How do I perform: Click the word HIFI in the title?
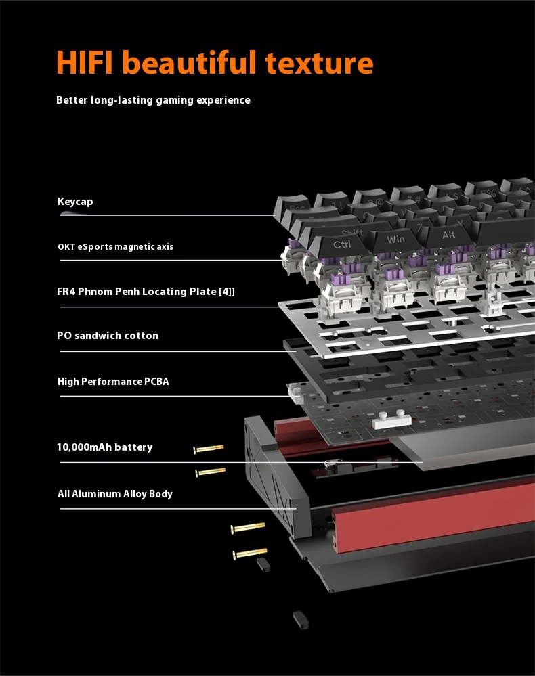(x=85, y=62)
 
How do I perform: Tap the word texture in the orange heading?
(x=319, y=64)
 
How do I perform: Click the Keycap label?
(x=75, y=202)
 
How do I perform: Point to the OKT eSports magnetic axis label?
(x=116, y=246)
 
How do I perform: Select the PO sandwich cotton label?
(x=108, y=336)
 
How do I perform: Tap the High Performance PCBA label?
(x=113, y=382)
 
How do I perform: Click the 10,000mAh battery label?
(x=105, y=447)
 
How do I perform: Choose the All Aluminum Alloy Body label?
(x=115, y=493)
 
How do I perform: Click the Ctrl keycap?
(x=340, y=246)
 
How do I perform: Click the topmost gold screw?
(x=209, y=449)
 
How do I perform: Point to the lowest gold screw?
(x=250, y=553)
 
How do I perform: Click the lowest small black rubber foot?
(x=301, y=620)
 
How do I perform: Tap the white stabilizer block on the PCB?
(x=391, y=419)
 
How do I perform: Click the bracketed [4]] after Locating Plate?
(x=227, y=292)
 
